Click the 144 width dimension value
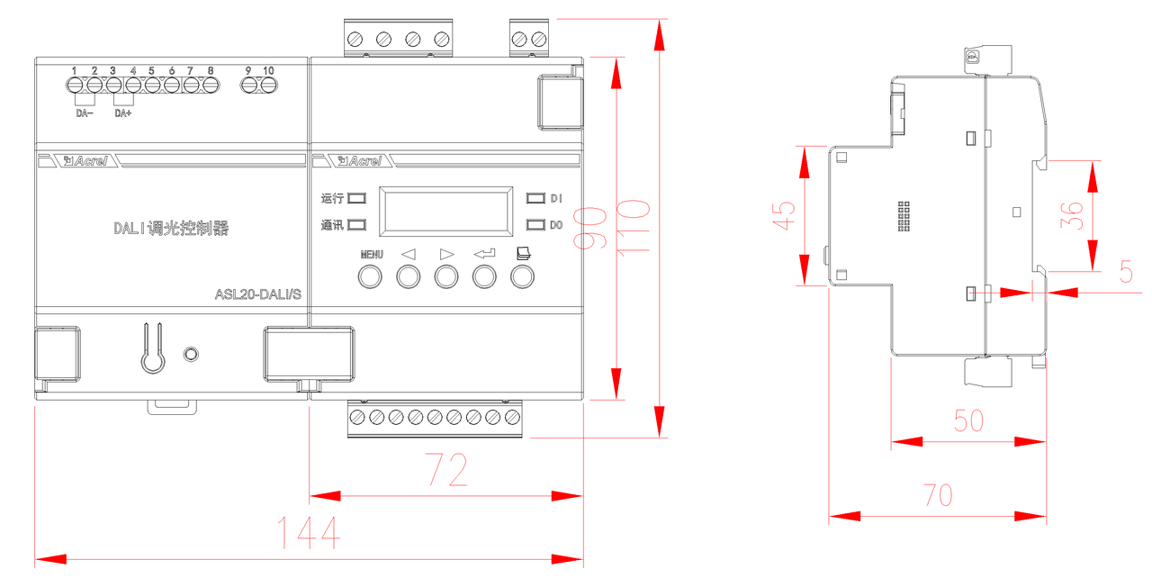click(x=309, y=532)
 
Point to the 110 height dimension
click(x=633, y=227)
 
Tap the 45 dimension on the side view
click(x=784, y=215)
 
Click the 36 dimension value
click(x=1072, y=215)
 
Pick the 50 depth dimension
click(x=969, y=420)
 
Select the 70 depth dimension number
click(x=938, y=495)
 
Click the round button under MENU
click(x=370, y=276)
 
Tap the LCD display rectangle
click(x=445, y=212)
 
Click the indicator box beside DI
click(x=535, y=198)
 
